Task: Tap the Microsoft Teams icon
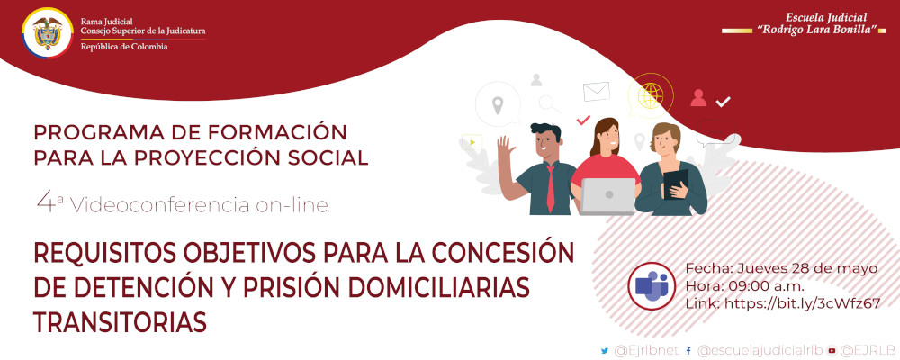tap(653, 285)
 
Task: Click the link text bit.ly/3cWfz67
tap(800, 303)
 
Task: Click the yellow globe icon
tap(648, 94)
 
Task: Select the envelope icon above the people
tap(596, 91)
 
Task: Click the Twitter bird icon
tap(604, 350)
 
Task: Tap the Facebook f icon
tap(688, 350)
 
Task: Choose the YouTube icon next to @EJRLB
tap(832, 350)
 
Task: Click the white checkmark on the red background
tap(723, 102)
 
